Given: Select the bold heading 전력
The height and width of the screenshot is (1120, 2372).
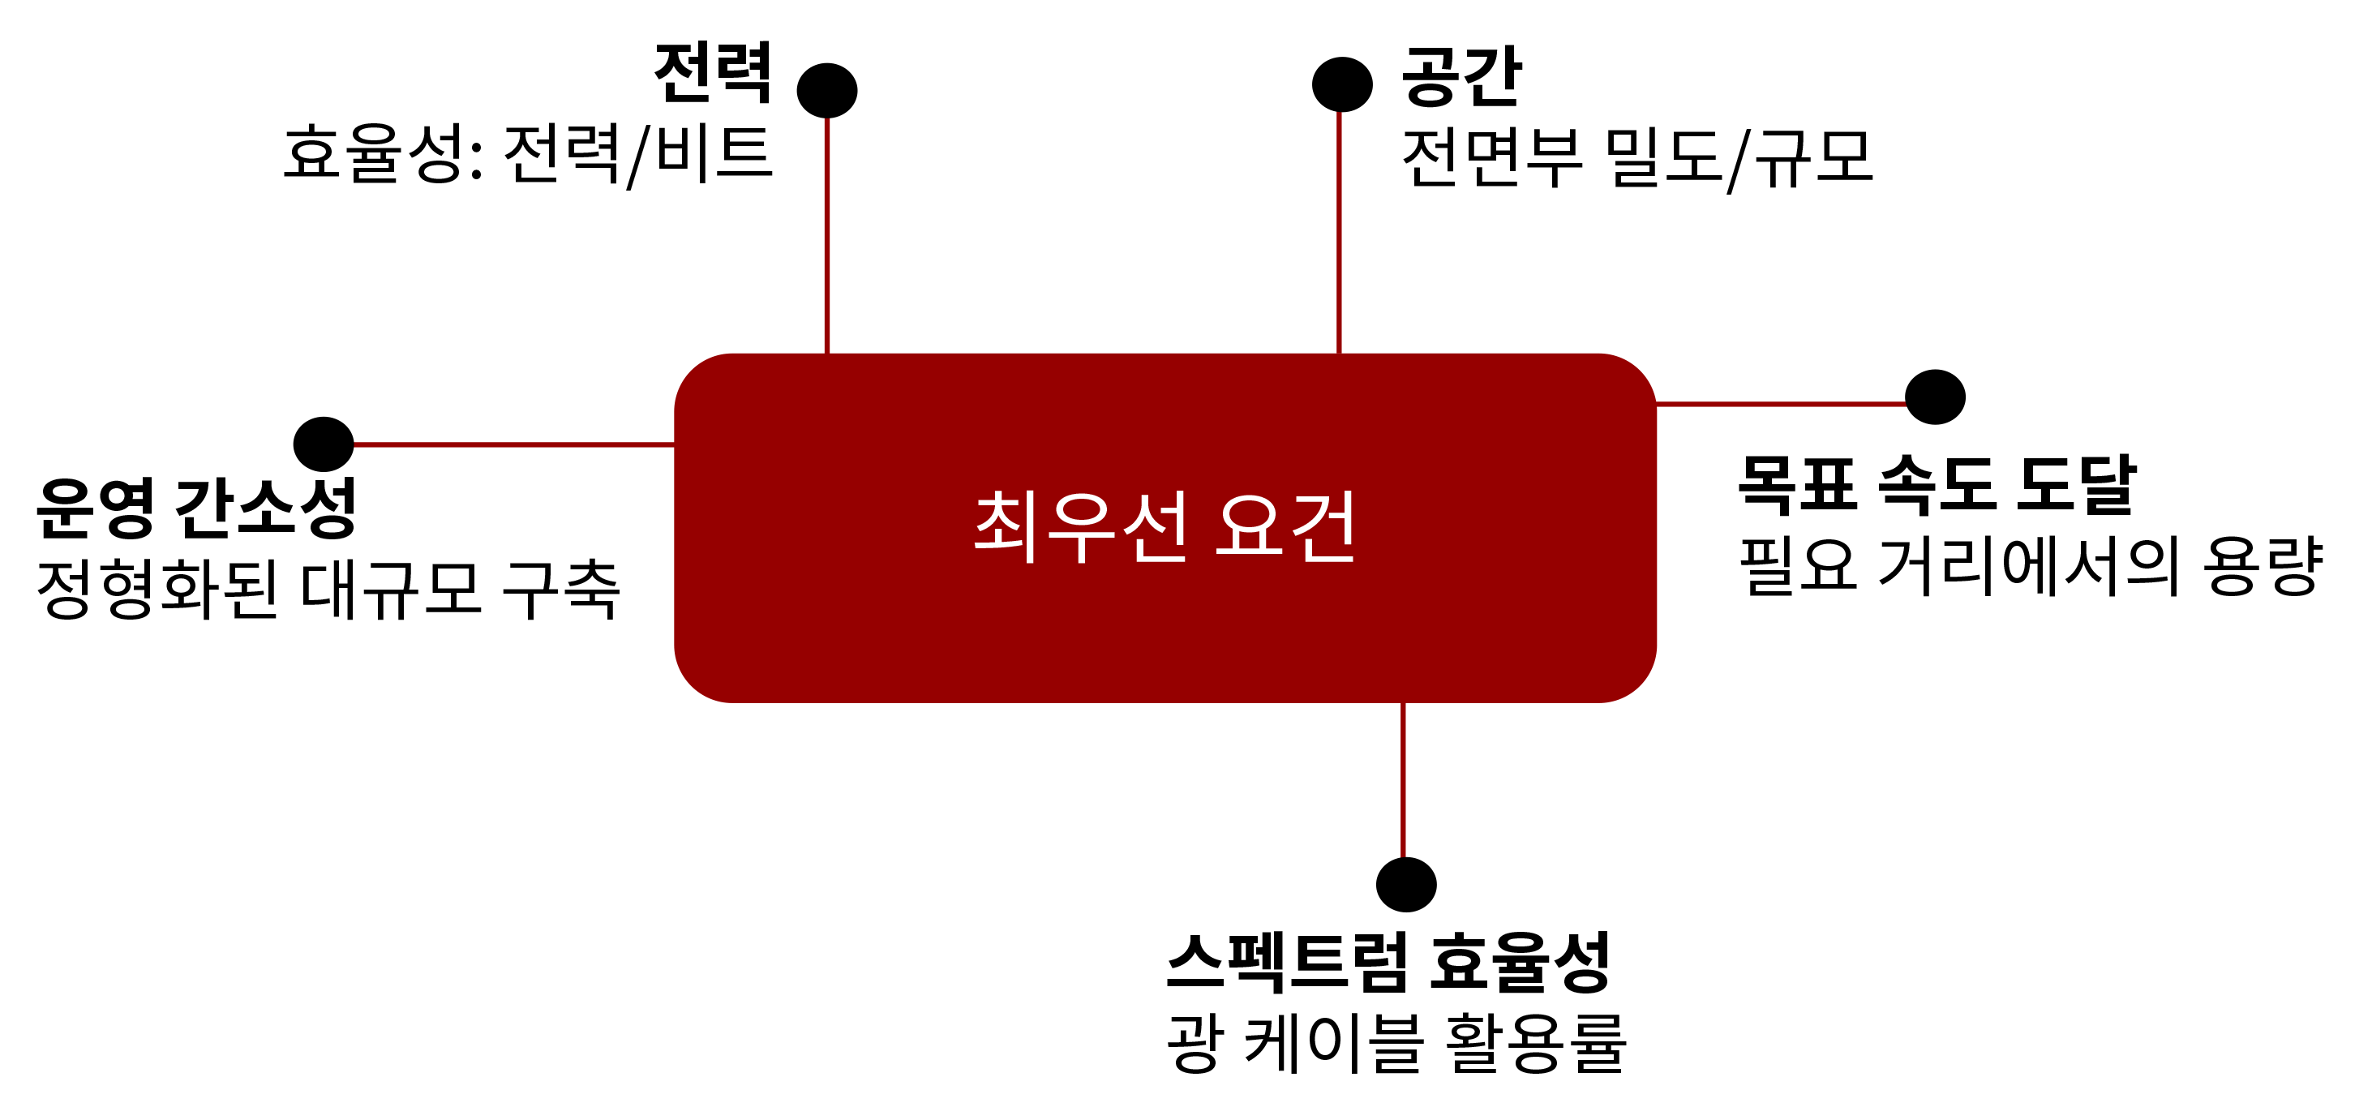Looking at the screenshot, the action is [714, 74].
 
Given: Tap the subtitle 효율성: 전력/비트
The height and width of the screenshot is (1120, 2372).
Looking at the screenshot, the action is [528, 155].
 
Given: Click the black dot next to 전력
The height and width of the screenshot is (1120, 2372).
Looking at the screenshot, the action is [827, 90].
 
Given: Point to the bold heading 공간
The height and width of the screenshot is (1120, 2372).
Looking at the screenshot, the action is [1461, 76].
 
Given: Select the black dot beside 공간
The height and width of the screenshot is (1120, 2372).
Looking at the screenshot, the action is [1343, 84].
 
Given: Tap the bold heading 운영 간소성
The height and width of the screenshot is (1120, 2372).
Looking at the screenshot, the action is [196, 508].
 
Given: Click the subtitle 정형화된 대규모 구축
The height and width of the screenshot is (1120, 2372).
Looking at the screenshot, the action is [328, 590].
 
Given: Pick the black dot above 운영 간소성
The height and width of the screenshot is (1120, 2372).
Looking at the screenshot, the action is [324, 444].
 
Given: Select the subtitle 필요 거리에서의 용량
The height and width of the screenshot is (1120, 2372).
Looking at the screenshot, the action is [2031, 565].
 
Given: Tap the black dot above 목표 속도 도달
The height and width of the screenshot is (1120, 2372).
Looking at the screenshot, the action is [1936, 397].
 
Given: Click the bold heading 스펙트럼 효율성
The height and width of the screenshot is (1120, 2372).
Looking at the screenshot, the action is [1388, 962].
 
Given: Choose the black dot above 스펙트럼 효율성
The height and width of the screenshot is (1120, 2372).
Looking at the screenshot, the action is [1406, 884].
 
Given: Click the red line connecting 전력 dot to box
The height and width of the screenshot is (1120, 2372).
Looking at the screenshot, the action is [827, 236].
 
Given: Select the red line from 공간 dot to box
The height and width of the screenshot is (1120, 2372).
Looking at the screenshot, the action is [1339, 232].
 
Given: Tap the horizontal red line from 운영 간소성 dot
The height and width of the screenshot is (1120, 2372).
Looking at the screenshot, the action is [515, 445].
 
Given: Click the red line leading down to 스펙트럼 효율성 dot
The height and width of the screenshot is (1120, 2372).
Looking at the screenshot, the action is [1403, 780].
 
